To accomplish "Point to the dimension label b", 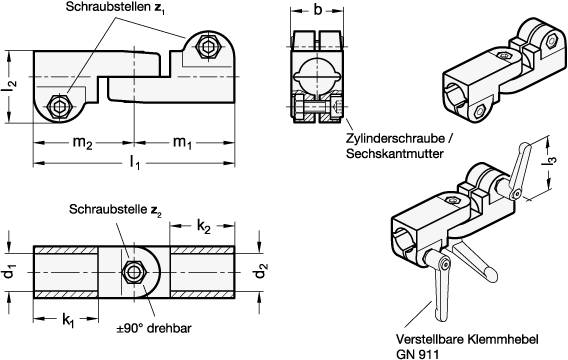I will pyautogui.click(x=317, y=11).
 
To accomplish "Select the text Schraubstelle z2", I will pyautogui.click(x=110, y=212).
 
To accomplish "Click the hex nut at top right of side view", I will pyautogui.click(x=209, y=47).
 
